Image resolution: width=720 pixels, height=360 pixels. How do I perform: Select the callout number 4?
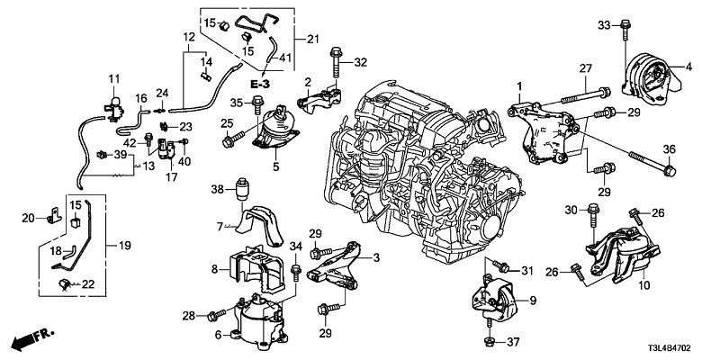(x=688, y=67)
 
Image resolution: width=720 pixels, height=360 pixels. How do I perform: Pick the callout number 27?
(x=584, y=68)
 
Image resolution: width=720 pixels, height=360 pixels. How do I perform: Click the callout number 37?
(x=514, y=342)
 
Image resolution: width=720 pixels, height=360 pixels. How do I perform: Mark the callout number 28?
(x=189, y=314)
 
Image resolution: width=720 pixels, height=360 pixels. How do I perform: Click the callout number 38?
(x=216, y=189)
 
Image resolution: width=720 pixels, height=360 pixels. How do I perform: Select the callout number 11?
(x=114, y=80)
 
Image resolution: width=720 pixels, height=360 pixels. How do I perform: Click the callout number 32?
(x=361, y=62)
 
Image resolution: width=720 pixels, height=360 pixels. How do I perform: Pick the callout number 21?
(x=313, y=39)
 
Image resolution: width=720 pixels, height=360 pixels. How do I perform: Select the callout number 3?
(x=376, y=258)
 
